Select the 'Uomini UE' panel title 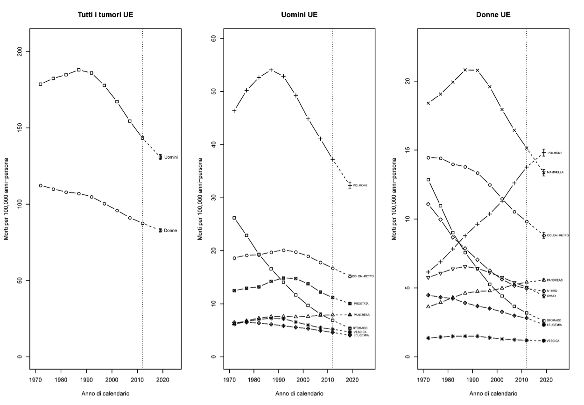pos(299,14)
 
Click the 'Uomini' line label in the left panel pos(171,157)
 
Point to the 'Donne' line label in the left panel pos(170,231)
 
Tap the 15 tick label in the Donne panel pos(409,150)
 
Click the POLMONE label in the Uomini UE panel pos(360,186)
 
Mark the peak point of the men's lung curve pos(271,70)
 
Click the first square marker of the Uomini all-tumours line pos(41,84)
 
